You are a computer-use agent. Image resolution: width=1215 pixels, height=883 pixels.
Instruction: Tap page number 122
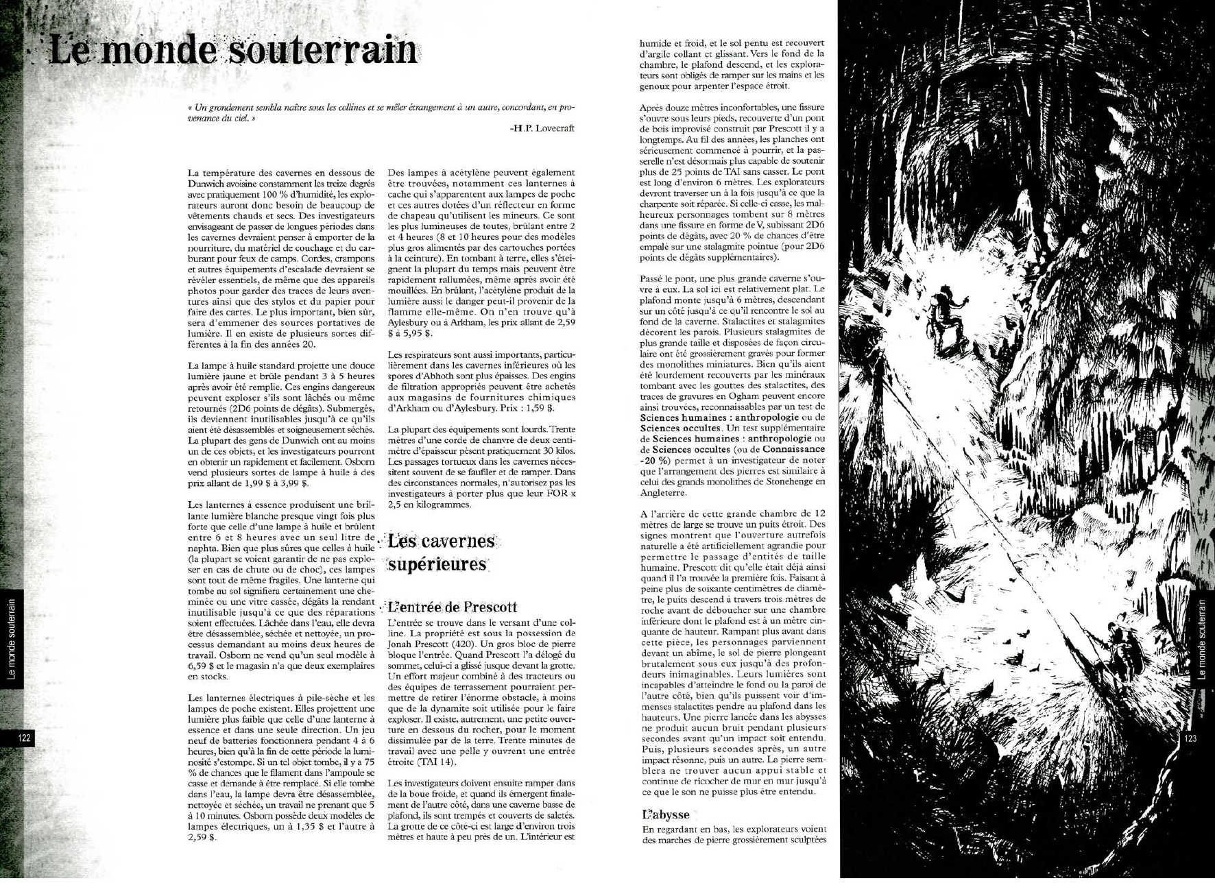click(x=24, y=738)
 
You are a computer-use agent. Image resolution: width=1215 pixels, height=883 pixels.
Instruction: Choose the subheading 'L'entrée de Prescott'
click(x=453, y=607)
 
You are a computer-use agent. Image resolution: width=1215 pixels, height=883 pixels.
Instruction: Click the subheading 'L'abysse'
click(x=665, y=815)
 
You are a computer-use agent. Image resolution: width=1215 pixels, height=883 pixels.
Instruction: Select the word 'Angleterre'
click(x=663, y=492)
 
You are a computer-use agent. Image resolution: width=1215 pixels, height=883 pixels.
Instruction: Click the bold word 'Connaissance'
click(x=793, y=449)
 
